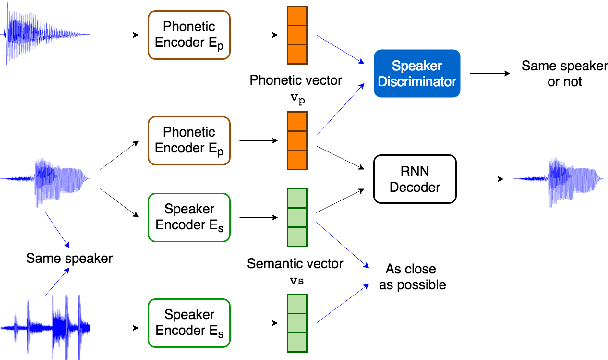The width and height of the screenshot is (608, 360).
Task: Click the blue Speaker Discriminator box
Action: [415, 70]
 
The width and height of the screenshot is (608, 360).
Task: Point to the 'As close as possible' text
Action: [409, 276]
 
